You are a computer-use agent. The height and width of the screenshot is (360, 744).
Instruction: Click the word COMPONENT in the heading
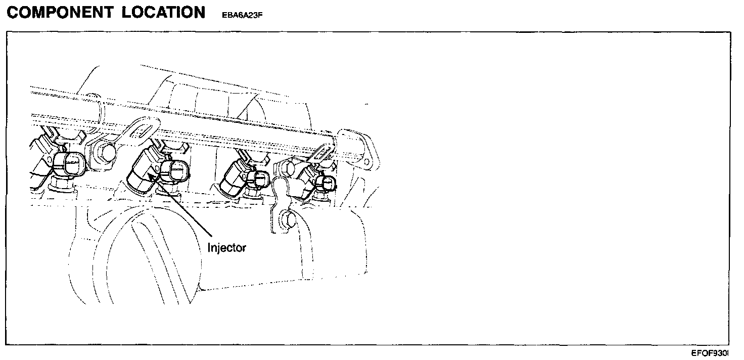click(x=60, y=13)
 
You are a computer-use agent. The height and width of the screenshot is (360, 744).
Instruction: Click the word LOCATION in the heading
click(x=163, y=13)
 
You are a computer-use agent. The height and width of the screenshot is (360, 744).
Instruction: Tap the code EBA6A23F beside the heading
click(x=243, y=15)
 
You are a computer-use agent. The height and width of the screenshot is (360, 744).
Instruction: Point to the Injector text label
click(x=226, y=248)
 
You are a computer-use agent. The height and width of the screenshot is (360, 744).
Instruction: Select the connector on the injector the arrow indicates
click(x=175, y=171)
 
